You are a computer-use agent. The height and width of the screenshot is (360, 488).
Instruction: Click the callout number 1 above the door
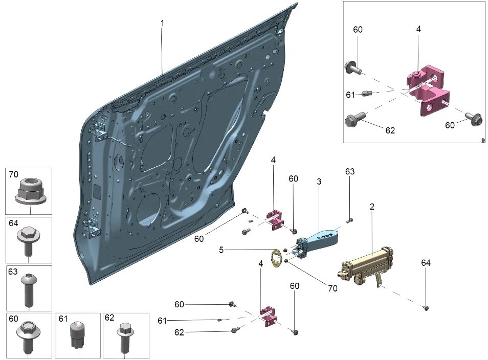tap(162, 24)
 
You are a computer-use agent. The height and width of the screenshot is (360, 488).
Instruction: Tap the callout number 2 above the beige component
tap(372, 207)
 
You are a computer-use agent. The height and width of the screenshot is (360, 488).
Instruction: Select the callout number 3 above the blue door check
tap(319, 182)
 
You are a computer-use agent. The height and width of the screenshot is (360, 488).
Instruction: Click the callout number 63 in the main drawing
tap(349, 171)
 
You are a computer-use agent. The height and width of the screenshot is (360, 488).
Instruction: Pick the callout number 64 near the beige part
tap(426, 263)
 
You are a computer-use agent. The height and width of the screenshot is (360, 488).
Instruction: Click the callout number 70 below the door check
tap(332, 288)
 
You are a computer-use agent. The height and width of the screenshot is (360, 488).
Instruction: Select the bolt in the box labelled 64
tap(29, 240)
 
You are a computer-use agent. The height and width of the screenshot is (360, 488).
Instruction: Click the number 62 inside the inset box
tap(390, 130)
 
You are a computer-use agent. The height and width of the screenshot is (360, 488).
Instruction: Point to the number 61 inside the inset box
tap(350, 95)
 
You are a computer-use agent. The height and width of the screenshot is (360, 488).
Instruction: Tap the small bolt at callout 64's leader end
tap(426, 308)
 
